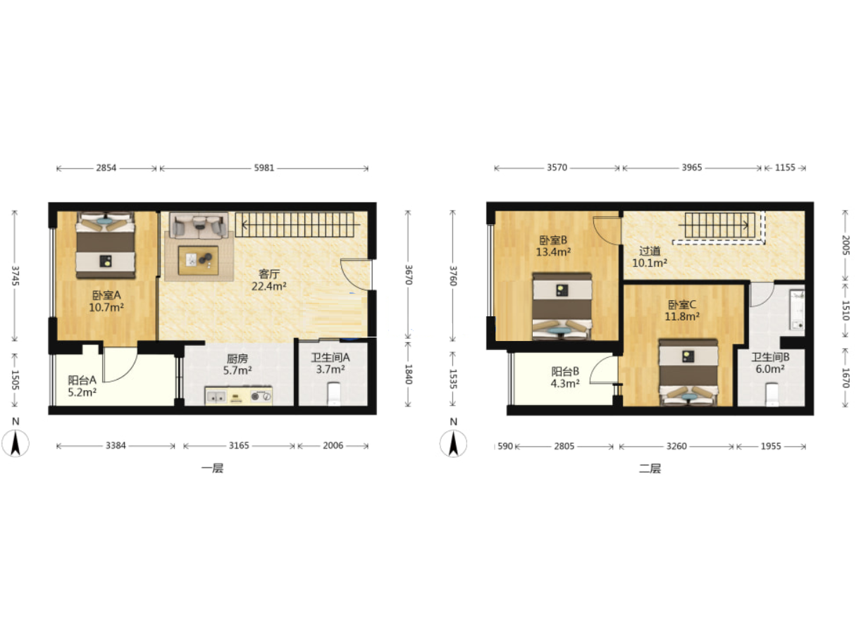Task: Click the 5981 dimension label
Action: [264, 168]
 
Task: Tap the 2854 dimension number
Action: [106, 168]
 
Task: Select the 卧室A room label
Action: [106, 295]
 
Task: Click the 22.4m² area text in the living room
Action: [269, 287]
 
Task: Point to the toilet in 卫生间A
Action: [334, 394]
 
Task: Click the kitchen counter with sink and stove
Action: [239, 396]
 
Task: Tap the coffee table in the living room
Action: [198, 261]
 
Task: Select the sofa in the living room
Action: [199, 225]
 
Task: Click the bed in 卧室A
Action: [106, 245]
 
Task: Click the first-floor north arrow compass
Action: [16, 443]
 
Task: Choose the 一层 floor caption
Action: [212, 469]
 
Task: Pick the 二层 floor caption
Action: [650, 469]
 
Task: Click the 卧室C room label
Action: [682, 304]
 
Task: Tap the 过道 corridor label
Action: [650, 251]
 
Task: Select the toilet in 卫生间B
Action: [772, 394]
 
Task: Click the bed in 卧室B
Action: [562, 306]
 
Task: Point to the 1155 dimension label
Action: [785, 168]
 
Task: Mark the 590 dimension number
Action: [505, 446]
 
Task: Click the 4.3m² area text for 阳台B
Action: [565, 383]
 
